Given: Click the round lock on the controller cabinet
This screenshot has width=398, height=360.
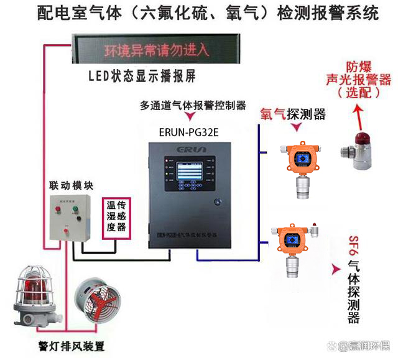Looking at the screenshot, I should tap(218, 201).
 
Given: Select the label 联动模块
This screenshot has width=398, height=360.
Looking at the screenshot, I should tap(70, 185).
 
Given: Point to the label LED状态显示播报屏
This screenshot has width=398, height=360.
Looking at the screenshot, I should tap(142, 76).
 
